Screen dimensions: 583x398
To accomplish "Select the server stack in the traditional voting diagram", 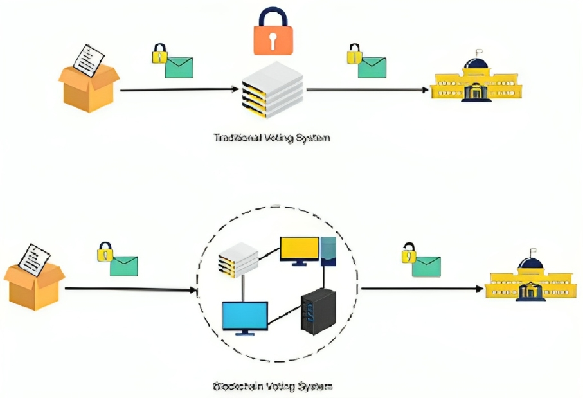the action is tap(272, 89).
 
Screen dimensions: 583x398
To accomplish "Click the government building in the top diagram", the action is tap(476, 80).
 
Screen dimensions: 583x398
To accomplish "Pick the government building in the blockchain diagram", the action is tap(531, 280).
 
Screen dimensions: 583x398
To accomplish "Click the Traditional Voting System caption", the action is tap(271, 138).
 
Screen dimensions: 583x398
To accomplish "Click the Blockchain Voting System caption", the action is tap(273, 386).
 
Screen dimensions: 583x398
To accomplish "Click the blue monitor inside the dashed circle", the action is tap(245, 317).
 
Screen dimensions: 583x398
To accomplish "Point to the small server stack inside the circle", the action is tap(235, 258).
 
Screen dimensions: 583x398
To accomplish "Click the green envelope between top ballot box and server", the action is tap(179, 66).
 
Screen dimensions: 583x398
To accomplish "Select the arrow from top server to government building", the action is tap(366, 90).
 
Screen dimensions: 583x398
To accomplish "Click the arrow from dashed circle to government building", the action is tap(421, 289).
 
